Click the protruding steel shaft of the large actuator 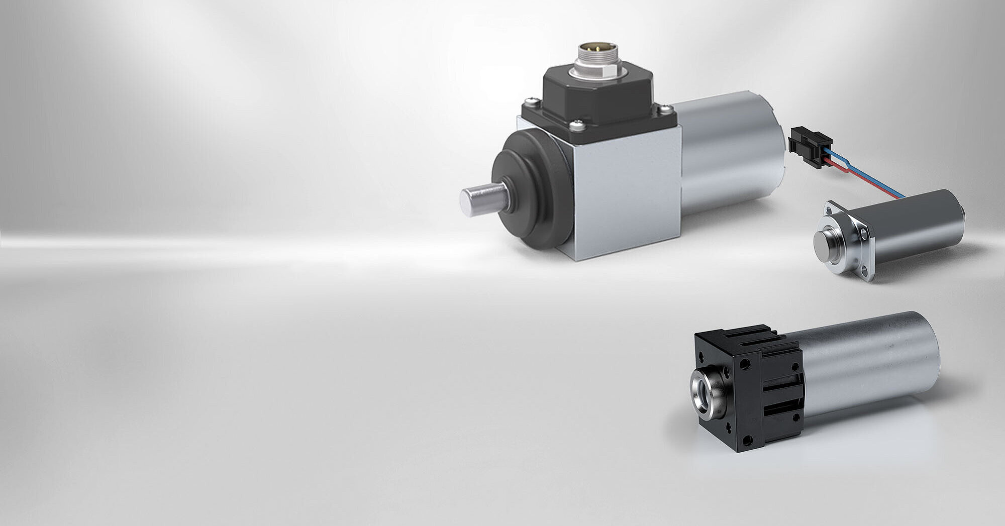click(x=480, y=199)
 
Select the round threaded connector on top click(x=596, y=60)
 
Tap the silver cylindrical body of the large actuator click(x=729, y=151)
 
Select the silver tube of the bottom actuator click(x=869, y=362)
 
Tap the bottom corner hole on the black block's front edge click(x=748, y=441)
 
